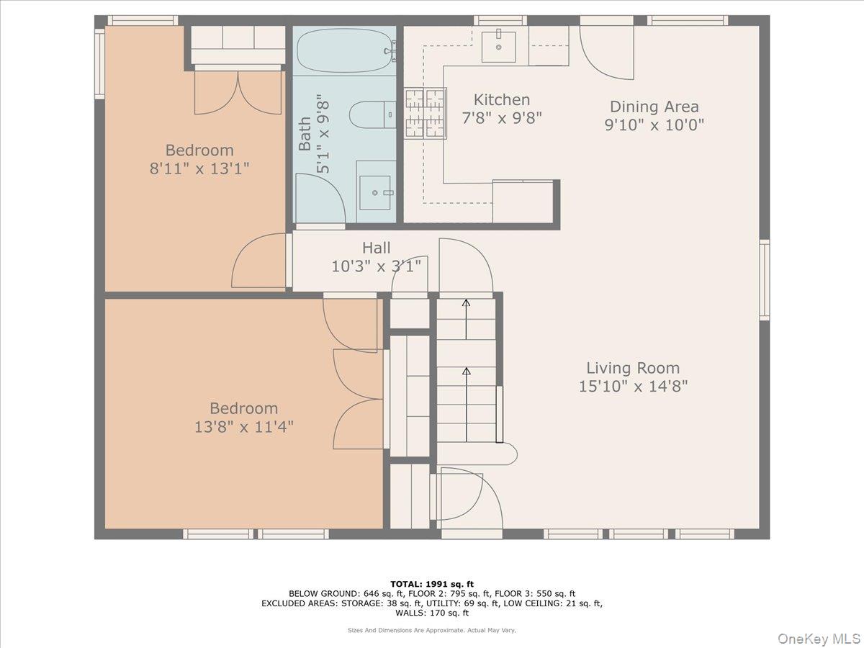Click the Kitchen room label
tap(501, 100)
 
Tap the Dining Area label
tap(654, 107)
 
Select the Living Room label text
tap(632, 368)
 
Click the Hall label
tap(376, 248)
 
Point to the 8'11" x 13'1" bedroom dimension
tap(199, 168)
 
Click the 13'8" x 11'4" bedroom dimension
tap(243, 427)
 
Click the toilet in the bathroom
tap(372, 114)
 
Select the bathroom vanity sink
tap(375, 192)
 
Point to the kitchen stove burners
tap(425, 113)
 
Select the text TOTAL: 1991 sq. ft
tap(432, 584)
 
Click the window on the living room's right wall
tap(764, 279)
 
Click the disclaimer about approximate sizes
tap(432, 630)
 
